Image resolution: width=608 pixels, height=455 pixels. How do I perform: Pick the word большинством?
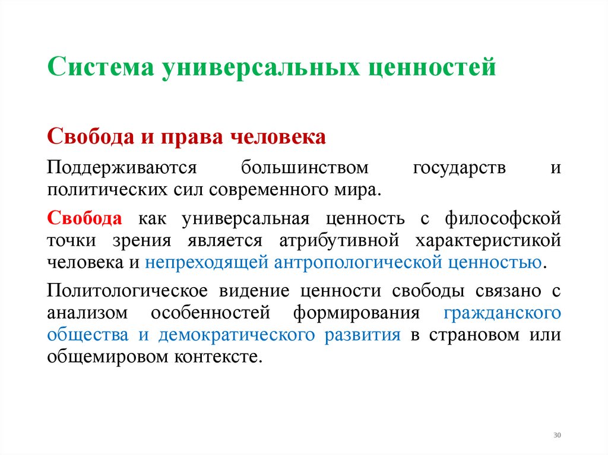point(305,168)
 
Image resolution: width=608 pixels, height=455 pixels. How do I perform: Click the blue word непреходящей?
point(205,263)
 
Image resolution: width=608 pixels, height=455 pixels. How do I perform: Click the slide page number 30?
point(557,435)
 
